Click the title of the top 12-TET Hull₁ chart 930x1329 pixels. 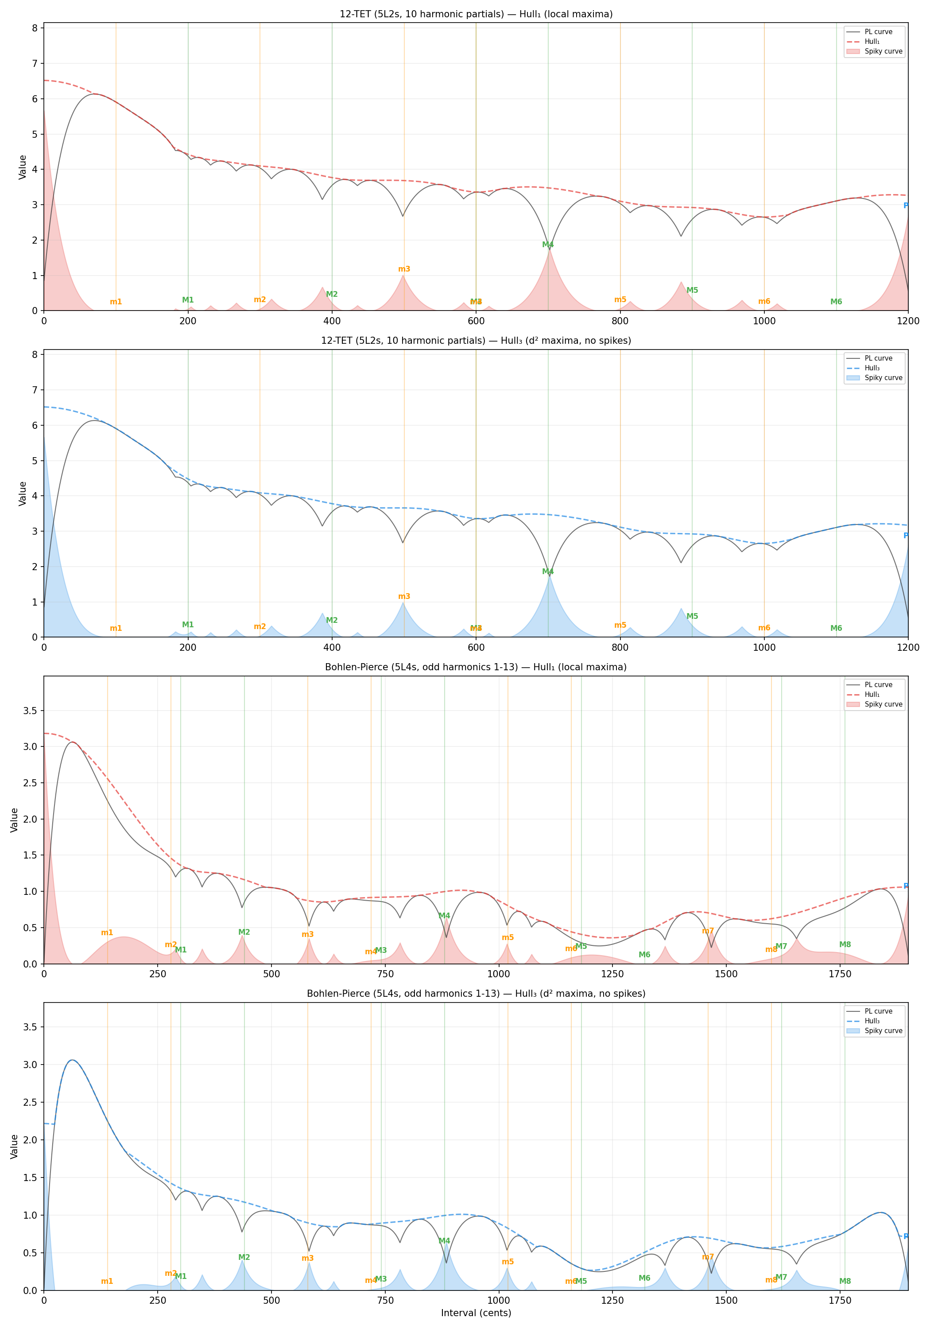476,14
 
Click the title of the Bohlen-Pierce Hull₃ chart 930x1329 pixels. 476,993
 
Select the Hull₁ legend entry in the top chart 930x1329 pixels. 872,42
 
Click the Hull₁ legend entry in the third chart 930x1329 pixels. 872,695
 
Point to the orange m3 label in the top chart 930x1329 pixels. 404,269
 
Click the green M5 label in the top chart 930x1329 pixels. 692,291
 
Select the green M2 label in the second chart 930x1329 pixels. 332,621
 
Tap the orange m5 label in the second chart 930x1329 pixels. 620,625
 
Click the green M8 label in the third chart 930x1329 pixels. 845,944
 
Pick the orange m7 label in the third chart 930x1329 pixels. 708,931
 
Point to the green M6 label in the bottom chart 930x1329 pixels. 644,1278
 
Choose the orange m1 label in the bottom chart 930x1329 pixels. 107,1282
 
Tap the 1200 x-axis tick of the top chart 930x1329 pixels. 907,321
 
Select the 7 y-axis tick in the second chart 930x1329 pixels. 35,390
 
